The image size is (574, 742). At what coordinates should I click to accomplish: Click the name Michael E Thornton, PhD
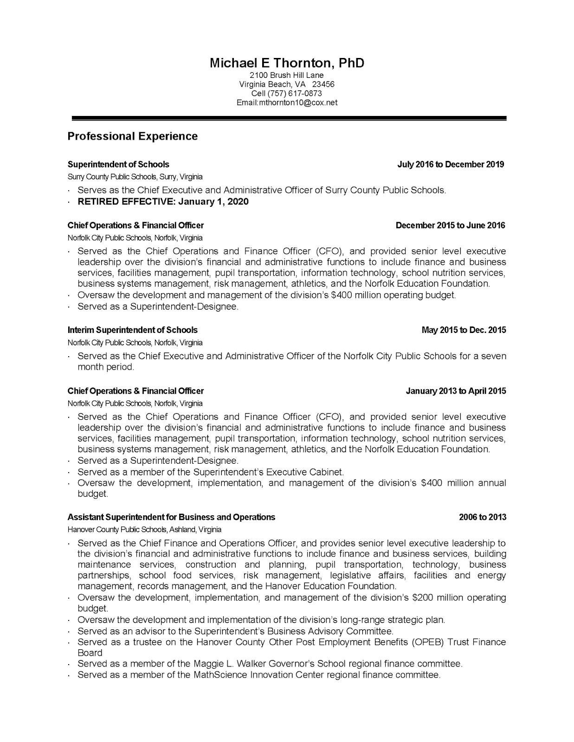click(287, 63)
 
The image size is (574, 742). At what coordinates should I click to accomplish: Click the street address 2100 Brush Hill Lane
click(286, 75)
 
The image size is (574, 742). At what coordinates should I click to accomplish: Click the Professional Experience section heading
click(132, 136)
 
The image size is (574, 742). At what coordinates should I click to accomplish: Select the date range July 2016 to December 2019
click(451, 164)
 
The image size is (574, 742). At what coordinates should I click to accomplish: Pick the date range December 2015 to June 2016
click(450, 225)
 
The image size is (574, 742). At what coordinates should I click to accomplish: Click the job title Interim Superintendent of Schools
click(132, 330)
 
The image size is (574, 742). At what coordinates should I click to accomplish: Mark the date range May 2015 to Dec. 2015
click(464, 330)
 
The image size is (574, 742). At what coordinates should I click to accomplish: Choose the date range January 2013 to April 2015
click(456, 391)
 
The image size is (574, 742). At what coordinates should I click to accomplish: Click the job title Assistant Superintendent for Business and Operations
click(171, 517)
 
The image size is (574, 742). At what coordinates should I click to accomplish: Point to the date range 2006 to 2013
click(483, 517)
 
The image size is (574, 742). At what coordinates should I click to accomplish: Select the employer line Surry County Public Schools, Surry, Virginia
click(135, 177)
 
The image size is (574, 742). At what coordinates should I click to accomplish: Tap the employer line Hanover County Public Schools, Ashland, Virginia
click(144, 530)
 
